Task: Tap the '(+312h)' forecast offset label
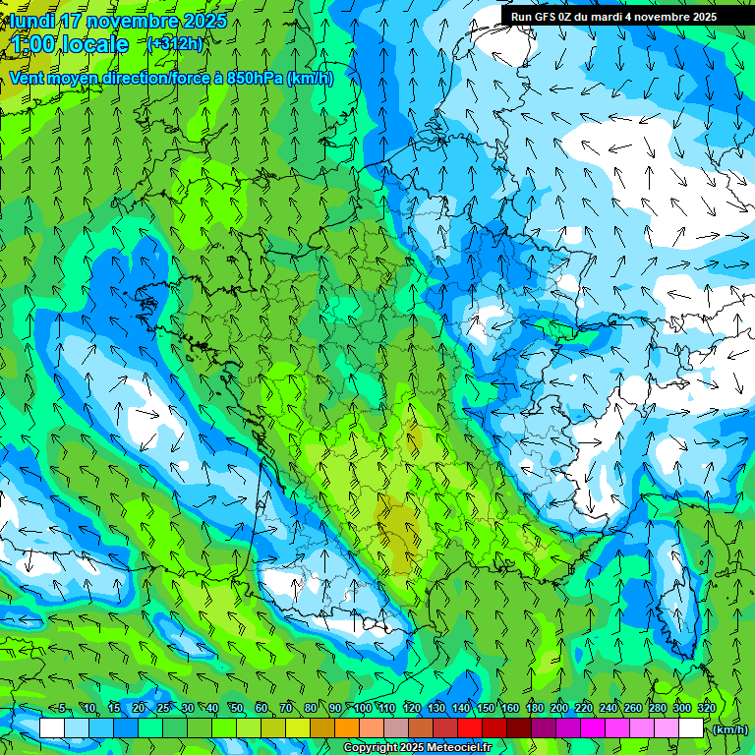click(x=175, y=43)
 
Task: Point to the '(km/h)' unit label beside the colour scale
click(x=728, y=729)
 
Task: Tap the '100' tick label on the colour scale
click(x=363, y=709)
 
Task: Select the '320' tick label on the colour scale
click(x=707, y=709)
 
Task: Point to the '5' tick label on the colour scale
click(x=63, y=709)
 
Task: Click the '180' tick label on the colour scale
click(x=535, y=709)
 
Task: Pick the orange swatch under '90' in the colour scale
click(x=346, y=728)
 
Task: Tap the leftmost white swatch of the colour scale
click(x=52, y=728)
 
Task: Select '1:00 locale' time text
click(x=71, y=44)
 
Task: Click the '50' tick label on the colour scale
click(x=237, y=709)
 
